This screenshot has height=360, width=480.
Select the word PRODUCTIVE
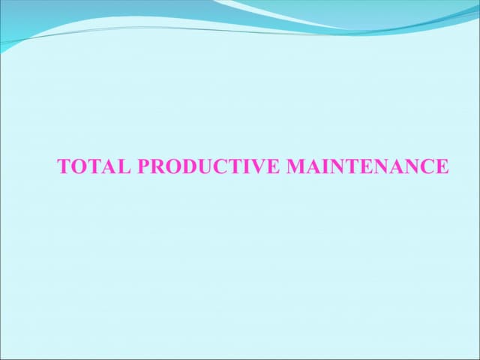point(209,166)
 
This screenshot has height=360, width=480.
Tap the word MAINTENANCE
point(367,166)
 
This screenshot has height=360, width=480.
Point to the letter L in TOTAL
point(124,166)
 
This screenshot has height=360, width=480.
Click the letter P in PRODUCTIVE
point(144,166)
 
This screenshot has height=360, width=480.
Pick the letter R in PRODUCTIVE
point(157,166)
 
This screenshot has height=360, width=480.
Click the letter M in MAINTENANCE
point(296,166)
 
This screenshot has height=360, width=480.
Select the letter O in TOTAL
point(79,166)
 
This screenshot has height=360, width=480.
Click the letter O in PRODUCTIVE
point(172,166)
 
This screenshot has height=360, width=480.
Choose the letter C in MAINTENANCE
point(426,166)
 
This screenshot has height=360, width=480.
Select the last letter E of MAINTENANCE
point(442,166)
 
